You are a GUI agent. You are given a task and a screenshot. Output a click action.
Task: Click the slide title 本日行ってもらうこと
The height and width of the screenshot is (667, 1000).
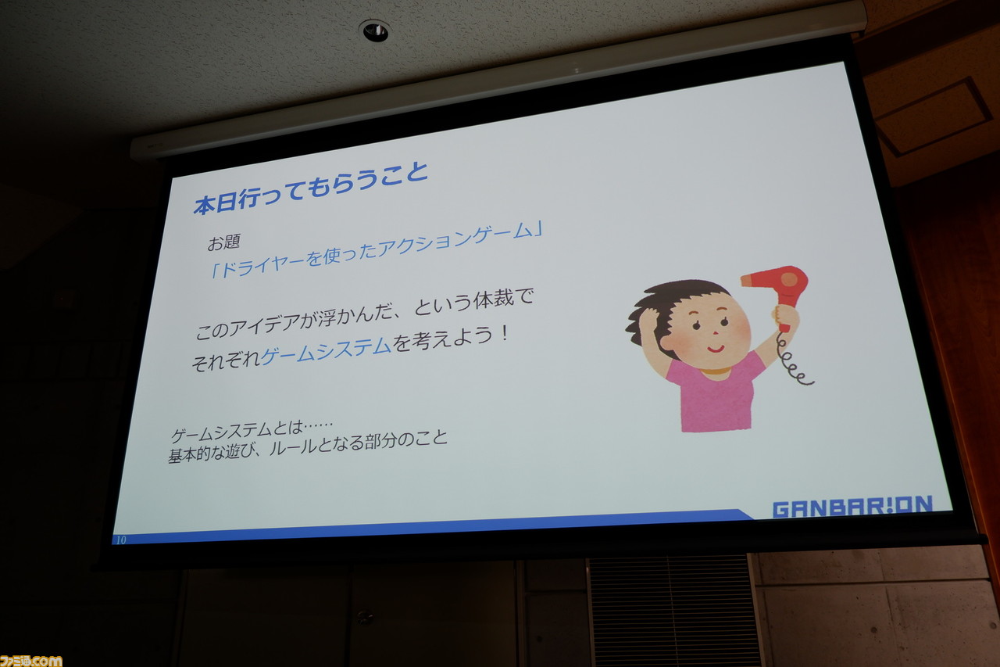[311, 189]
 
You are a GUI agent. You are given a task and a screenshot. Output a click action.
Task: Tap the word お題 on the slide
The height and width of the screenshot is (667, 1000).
[224, 242]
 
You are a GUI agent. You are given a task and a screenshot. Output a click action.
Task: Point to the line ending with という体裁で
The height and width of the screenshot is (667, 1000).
[364, 315]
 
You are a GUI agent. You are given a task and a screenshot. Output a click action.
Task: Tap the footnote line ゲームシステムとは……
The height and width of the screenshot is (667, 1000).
[252, 430]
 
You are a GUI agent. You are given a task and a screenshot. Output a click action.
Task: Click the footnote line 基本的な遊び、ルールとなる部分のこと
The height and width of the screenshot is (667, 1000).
[308, 446]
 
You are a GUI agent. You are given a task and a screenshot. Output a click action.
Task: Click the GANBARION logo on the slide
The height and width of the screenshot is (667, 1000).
[852, 507]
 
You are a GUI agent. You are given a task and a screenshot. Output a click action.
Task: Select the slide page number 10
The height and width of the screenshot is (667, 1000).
[121, 540]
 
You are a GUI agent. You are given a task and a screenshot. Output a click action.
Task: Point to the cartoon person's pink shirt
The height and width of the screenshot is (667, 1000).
[716, 393]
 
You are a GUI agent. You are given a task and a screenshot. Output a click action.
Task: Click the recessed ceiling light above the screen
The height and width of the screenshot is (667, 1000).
[374, 30]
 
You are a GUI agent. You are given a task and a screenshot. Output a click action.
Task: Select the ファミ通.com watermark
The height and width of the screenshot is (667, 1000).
[30, 661]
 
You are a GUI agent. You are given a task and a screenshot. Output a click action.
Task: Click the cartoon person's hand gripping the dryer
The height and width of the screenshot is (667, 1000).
[786, 317]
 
